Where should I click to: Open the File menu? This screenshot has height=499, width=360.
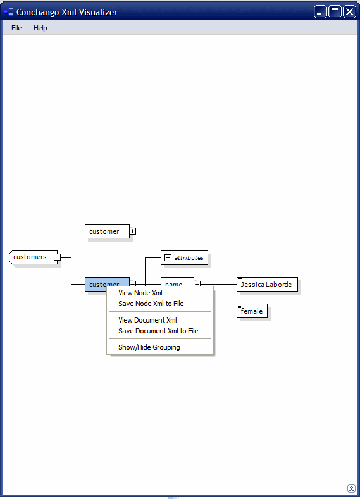16,28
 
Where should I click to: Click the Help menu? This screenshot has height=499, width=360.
40,28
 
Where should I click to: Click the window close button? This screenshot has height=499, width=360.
349,12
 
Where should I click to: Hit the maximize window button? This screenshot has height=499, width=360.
335,12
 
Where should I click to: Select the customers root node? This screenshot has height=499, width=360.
30,257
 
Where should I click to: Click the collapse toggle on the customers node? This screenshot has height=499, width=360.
57,257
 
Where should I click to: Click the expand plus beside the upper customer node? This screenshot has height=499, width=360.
133,231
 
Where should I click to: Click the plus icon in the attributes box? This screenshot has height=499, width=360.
168,258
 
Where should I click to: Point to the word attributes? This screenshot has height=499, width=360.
189,258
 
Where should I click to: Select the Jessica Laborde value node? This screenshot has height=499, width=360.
268,285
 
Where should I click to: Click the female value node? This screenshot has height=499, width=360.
252,311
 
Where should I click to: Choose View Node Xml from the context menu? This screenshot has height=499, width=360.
140,293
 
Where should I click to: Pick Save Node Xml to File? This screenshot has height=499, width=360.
151,304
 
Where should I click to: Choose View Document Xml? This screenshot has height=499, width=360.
147,320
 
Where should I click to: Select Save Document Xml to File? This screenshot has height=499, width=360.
158,331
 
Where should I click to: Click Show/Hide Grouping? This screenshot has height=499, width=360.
149,347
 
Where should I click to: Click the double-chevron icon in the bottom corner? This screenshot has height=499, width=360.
351,488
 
